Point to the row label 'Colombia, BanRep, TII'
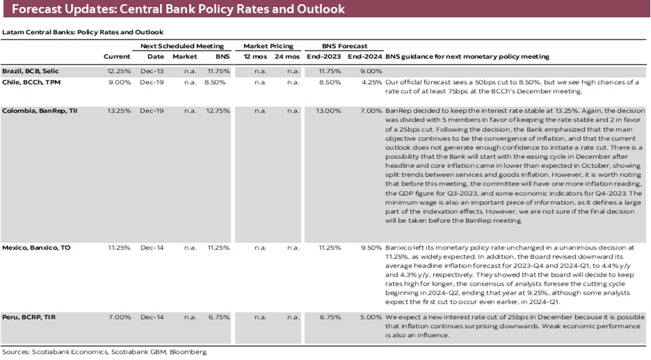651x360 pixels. tap(39, 111)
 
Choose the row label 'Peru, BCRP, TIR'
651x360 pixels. tap(29, 317)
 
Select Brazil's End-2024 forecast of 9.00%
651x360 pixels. tap(371, 71)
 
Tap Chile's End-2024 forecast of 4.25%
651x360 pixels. tap(371, 82)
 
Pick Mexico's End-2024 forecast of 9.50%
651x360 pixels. tap(371, 247)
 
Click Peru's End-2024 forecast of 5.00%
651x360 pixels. tap(371, 317)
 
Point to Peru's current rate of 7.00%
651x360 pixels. tap(119, 317)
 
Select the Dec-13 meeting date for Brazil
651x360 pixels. tap(156, 71)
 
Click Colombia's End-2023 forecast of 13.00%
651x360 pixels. tap(328, 111)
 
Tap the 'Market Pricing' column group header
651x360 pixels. tap(268, 46)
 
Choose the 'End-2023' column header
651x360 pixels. tap(325, 56)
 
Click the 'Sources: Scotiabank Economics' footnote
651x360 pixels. tap(104, 352)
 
